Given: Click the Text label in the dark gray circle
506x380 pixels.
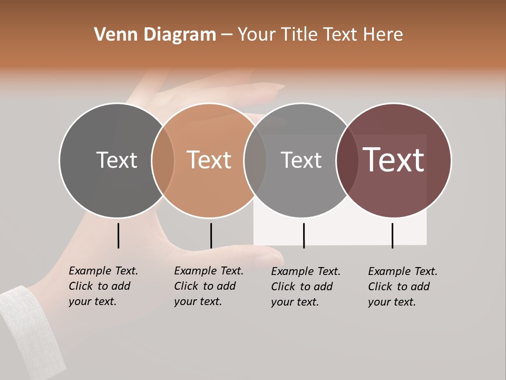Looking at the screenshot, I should click(116, 160).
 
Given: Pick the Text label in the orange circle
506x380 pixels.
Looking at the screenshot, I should click(209, 160).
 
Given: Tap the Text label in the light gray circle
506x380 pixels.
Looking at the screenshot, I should click(301, 160).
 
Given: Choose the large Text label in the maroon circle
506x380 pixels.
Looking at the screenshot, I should click(394, 160).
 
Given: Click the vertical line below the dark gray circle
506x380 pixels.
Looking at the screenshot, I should click(119, 235).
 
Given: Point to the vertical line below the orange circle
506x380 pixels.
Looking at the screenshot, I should click(211, 235).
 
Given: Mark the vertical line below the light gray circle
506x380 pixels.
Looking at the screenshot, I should click(304, 235).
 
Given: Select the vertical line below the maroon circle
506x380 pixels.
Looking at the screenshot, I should click(392, 235).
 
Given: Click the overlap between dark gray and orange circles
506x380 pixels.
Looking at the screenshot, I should click(163, 160).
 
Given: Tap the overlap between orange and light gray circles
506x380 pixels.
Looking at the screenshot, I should click(255, 160).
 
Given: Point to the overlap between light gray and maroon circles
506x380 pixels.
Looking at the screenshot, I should click(347, 160).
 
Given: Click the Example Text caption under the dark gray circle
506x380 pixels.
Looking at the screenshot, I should click(103, 286).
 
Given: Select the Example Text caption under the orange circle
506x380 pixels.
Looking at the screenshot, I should click(208, 286).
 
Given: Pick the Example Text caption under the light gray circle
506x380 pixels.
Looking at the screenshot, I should click(305, 287).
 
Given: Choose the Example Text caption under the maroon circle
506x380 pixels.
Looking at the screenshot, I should click(402, 287).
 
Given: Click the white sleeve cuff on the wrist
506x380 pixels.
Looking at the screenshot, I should click(29, 327).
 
